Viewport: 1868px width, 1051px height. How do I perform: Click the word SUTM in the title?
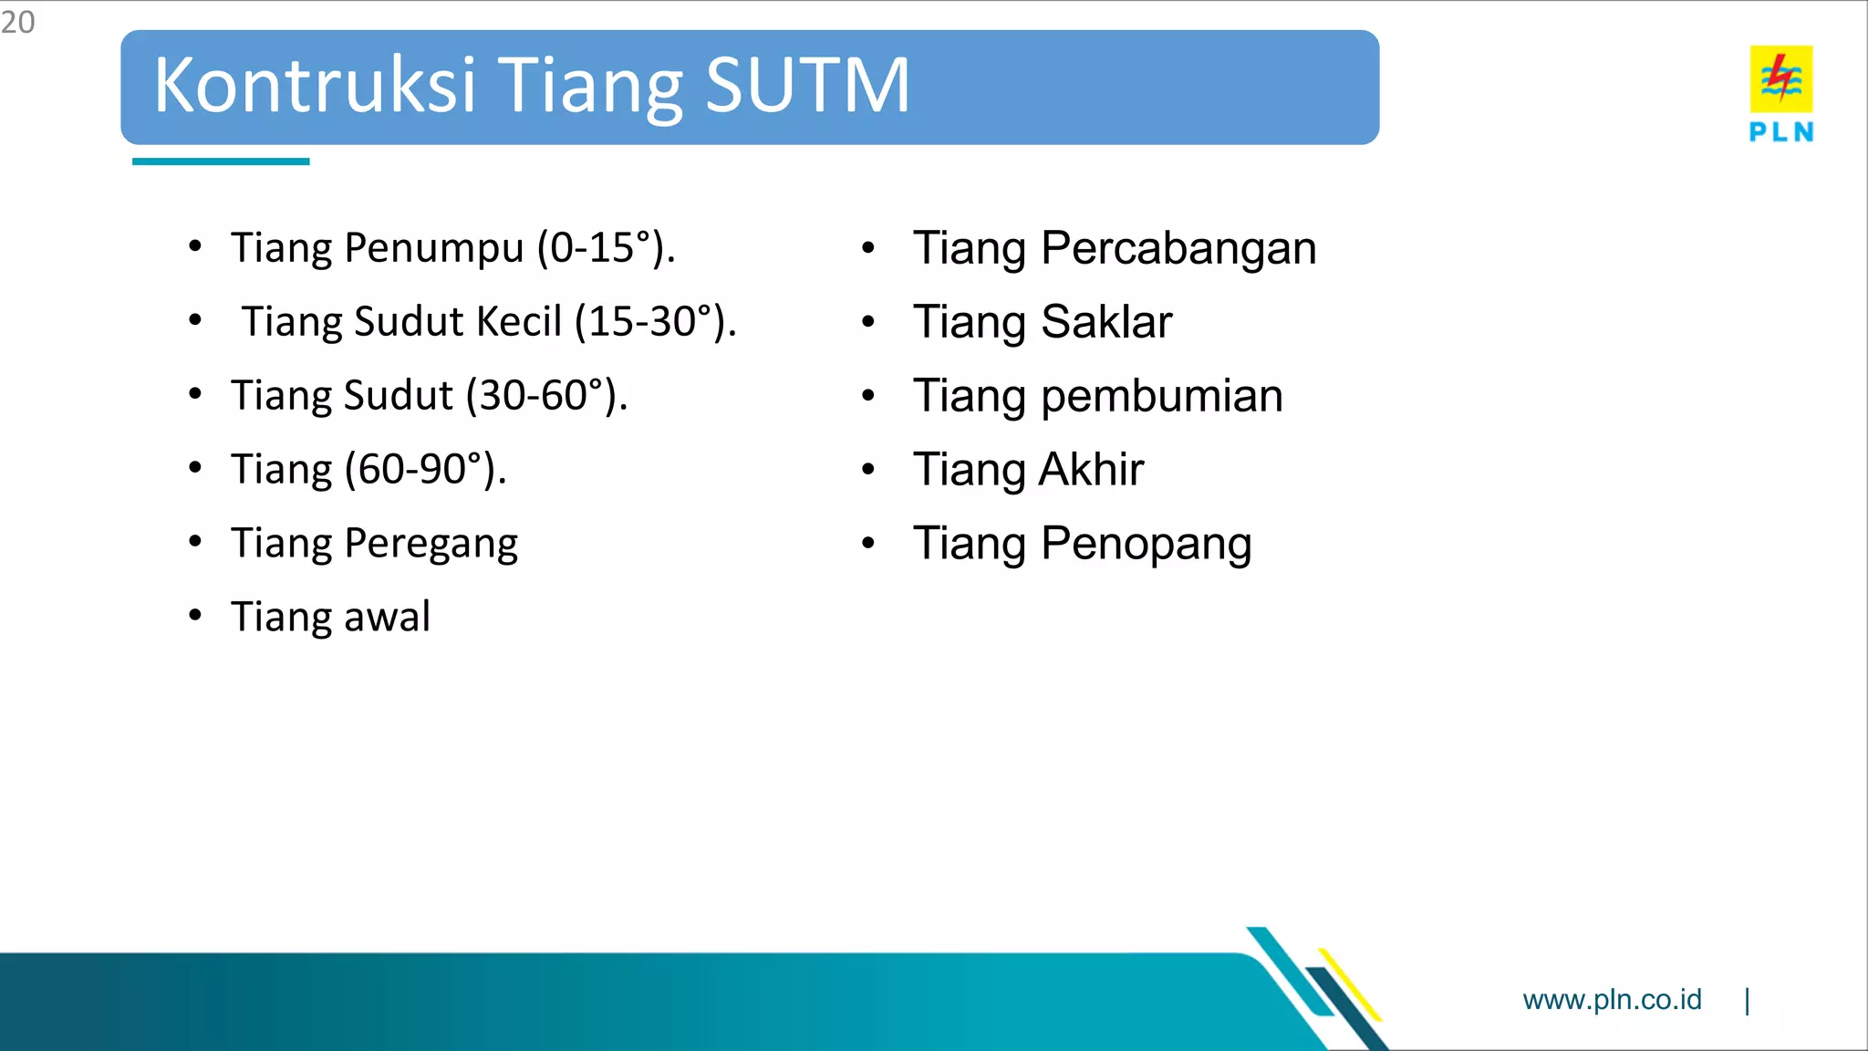(807, 85)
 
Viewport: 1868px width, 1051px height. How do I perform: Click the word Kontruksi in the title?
(315, 85)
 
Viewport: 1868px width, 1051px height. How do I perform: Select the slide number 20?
(17, 22)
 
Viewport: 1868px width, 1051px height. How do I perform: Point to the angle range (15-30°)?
(655, 322)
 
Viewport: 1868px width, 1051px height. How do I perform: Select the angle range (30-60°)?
(545, 396)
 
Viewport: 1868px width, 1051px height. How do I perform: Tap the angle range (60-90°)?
(424, 470)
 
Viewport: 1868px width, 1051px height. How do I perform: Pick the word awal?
(387, 618)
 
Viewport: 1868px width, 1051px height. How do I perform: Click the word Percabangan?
(1178, 248)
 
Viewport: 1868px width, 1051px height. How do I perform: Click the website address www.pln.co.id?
(1612, 1000)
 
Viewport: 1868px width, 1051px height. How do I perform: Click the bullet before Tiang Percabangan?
(868, 247)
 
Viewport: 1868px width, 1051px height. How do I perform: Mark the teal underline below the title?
(221, 161)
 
